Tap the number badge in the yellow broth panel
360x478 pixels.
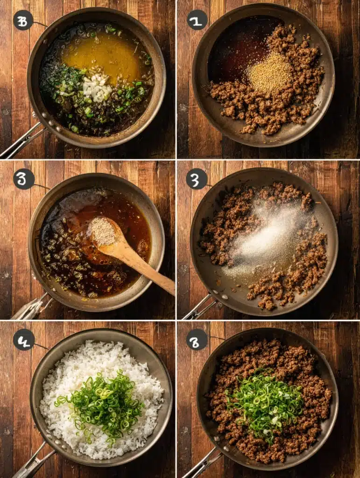point(23,20)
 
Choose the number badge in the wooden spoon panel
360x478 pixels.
point(24,179)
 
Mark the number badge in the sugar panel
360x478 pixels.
point(197,179)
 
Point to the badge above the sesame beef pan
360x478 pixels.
point(197,20)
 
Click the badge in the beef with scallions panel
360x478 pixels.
point(197,339)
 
